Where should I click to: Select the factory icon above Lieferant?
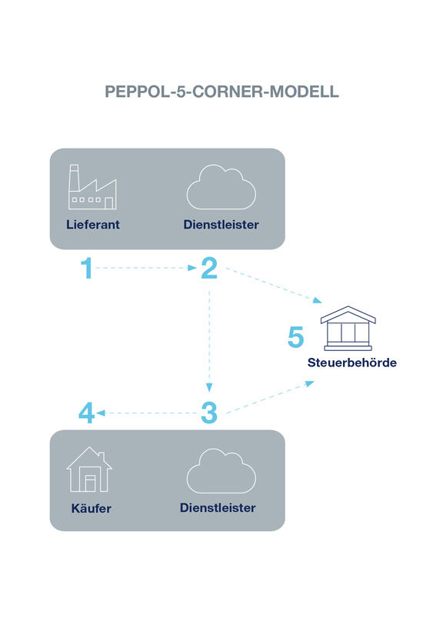(92, 186)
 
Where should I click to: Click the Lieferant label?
(93, 225)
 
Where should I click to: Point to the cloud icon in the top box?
(221, 187)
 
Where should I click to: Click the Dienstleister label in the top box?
(221, 225)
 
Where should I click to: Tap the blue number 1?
(87, 268)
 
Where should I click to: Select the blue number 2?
(209, 268)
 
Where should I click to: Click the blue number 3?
(209, 413)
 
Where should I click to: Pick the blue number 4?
(86, 413)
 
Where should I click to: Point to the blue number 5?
(295, 337)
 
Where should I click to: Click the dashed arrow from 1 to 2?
(146, 268)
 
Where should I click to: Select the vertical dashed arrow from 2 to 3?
(209, 341)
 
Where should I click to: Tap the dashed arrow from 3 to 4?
(147, 413)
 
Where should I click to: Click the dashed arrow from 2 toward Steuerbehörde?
(274, 286)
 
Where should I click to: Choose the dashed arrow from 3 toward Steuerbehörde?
(271, 396)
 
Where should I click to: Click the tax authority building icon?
(348, 329)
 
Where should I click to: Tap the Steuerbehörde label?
(352, 363)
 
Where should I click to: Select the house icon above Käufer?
(90, 470)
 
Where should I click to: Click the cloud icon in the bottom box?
(221, 471)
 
